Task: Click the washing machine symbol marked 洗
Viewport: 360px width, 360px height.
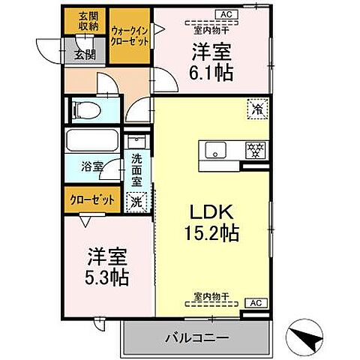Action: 137,200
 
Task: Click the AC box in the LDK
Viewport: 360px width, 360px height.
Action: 254,303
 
